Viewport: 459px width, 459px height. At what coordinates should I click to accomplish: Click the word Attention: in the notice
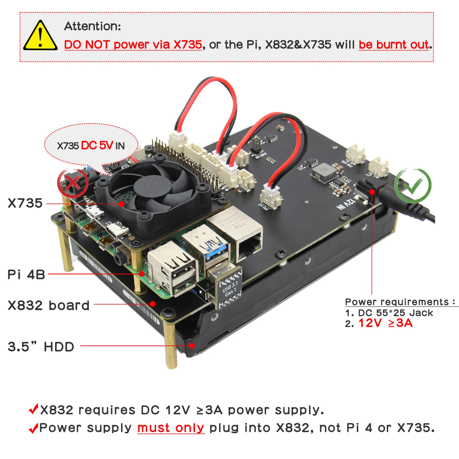tap(92, 26)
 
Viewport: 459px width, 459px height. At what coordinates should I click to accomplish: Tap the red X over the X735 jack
tap(73, 183)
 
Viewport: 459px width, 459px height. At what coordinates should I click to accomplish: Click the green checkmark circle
tap(413, 185)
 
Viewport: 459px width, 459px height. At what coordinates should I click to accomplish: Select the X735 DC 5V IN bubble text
tap(91, 146)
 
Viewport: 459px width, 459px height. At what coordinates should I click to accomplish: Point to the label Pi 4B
tap(26, 274)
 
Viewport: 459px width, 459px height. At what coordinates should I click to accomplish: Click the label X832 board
tap(48, 305)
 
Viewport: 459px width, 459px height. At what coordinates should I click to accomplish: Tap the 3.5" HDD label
tap(41, 347)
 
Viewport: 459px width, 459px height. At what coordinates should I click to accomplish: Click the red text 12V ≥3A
tap(385, 323)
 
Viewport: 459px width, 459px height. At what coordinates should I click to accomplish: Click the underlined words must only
tap(170, 428)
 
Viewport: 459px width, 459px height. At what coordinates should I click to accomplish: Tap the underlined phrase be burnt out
tap(394, 45)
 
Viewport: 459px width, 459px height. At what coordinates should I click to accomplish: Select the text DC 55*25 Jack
tap(395, 313)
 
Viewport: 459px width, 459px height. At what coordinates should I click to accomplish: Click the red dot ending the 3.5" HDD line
tap(192, 346)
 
